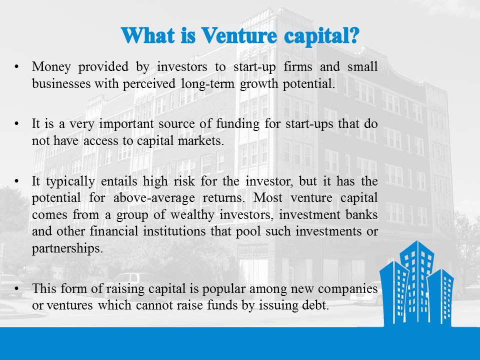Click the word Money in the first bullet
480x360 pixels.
pos(48,66)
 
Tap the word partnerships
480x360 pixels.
pos(67,248)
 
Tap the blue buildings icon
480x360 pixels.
pos(415,282)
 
